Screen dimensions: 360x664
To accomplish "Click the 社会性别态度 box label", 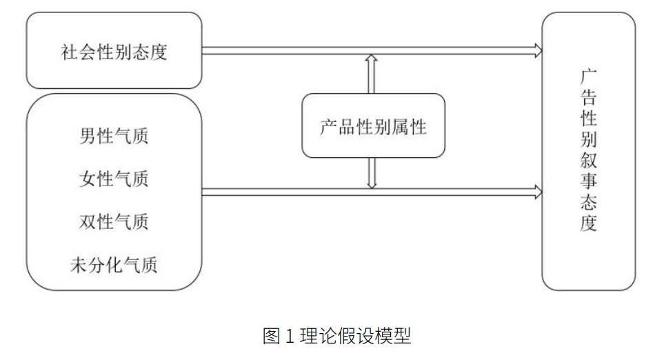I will point(114,52).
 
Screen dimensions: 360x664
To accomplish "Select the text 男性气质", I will point(114,135).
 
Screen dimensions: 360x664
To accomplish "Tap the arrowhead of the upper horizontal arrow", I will point(537,50).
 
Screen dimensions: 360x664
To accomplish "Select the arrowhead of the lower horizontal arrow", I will point(537,191).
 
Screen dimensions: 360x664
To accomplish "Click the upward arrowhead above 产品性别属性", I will point(372,60).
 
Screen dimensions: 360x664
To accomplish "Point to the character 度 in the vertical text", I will point(588,225).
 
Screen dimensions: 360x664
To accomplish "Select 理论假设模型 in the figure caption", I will point(352,337).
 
